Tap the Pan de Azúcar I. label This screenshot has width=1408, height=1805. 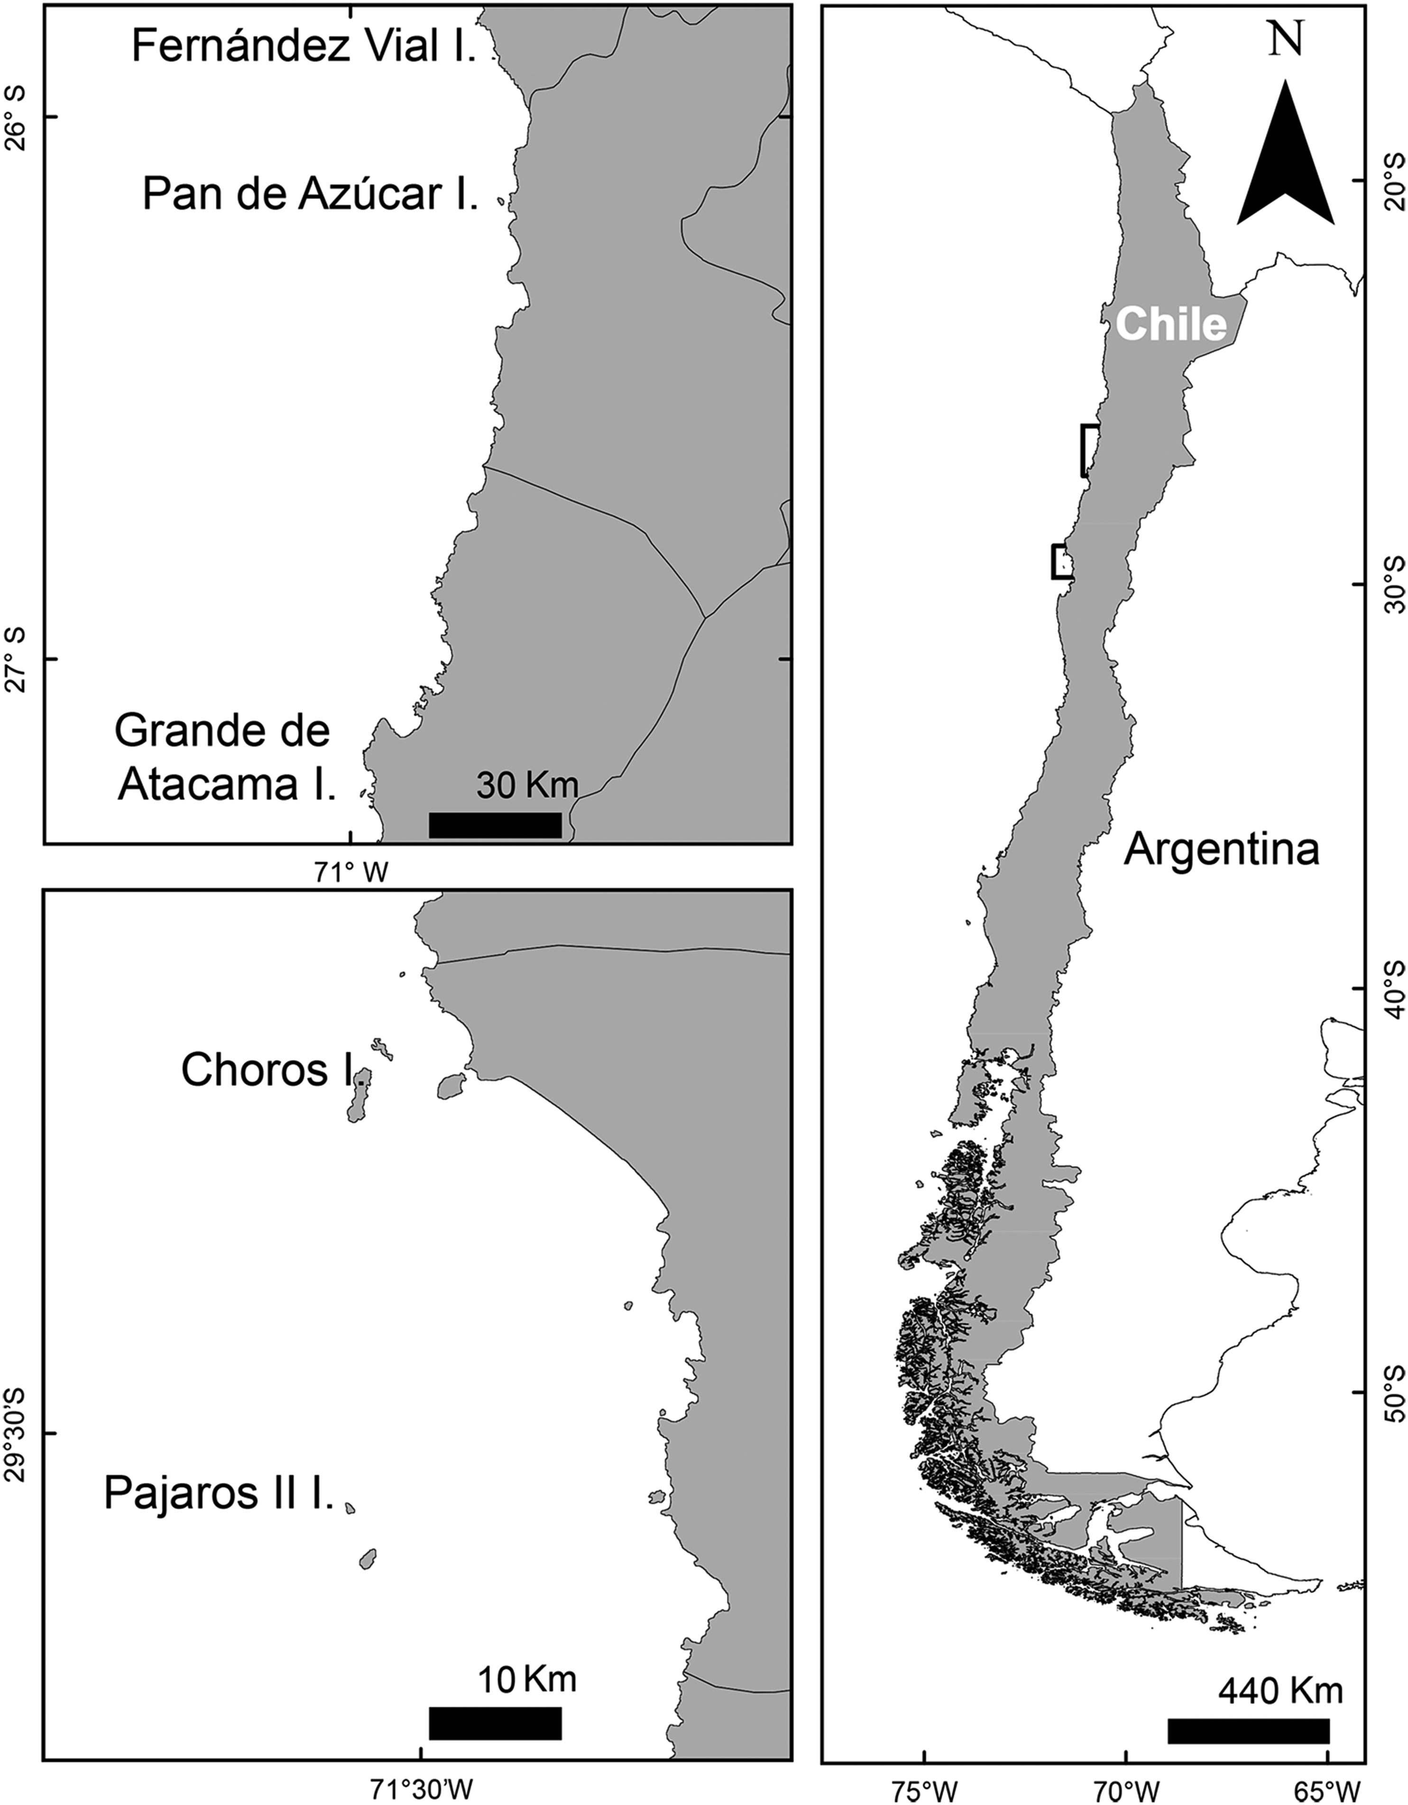click(311, 195)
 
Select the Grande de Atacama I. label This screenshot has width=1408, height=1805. click(225, 758)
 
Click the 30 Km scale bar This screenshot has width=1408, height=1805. click(495, 825)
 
